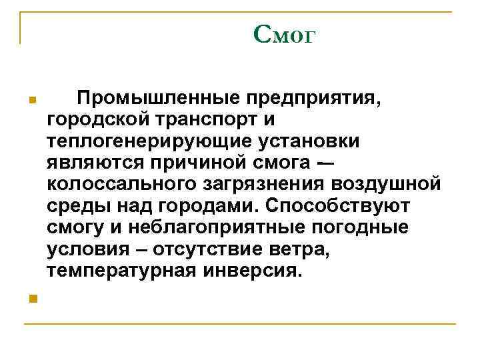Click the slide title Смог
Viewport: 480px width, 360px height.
[x=283, y=35]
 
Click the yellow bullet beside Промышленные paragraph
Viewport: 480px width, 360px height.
[x=31, y=101]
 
